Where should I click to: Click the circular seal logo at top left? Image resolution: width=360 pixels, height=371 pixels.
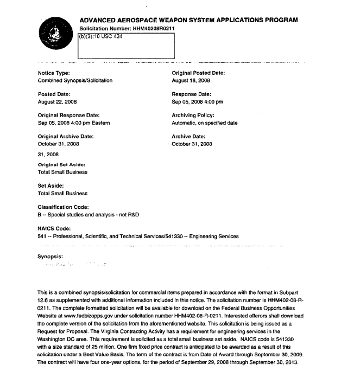click(x=56, y=33)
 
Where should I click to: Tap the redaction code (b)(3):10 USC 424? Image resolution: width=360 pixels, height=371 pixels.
click(x=101, y=37)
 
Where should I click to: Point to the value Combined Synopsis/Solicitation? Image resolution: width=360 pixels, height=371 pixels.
click(x=75, y=80)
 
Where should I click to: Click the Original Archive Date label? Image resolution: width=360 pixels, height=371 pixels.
click(x=66, y=136)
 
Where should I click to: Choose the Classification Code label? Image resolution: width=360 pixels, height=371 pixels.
click(x=62, y=207)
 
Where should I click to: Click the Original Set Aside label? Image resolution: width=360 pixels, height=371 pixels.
click(x=61, y=164)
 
